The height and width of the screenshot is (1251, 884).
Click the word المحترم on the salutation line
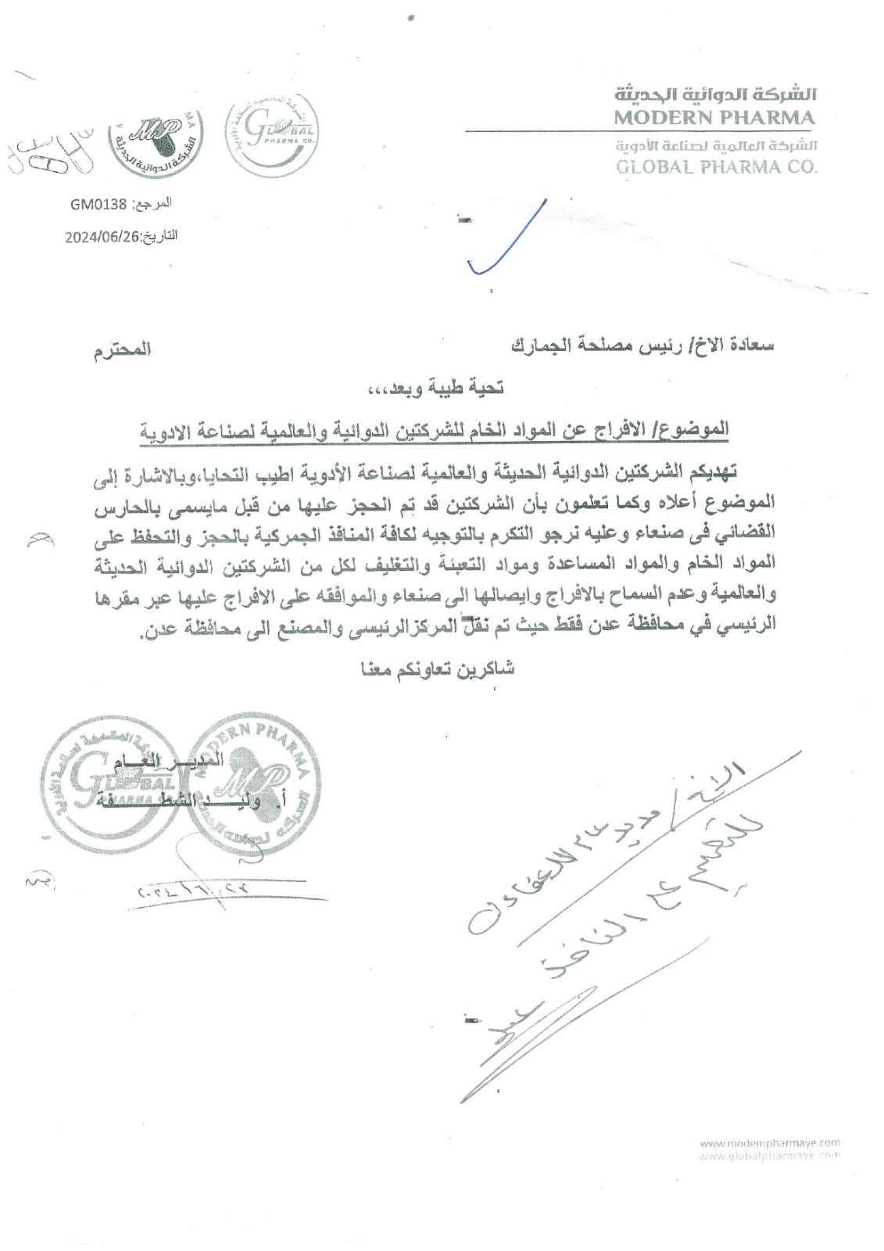tap(117, 349)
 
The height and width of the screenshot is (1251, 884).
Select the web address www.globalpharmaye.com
tap(769, 1154)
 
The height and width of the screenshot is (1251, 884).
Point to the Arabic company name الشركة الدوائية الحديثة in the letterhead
tap(716, 97)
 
